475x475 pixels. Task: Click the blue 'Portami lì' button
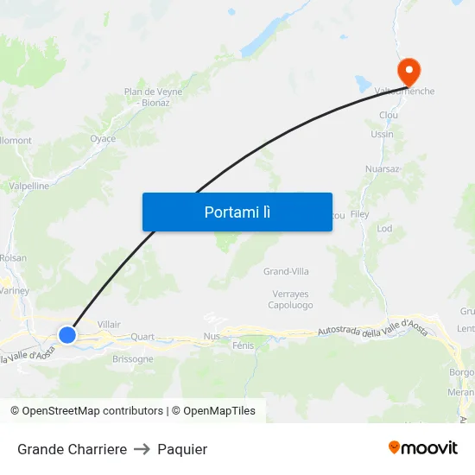pyautogui.click(x=237, y=212)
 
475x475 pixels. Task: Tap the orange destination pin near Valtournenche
pyautogui.click(x=407, y=69)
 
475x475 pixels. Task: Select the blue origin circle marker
pyautogui.click(x=67, y=334)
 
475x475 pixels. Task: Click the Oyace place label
pyautogui.click(x=103, y=138)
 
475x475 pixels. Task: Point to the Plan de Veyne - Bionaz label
pyautogui.click(x=152, y=97)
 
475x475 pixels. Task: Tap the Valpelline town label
pyautogui.click(x=28, y=185)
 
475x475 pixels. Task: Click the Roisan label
pyautogui.click(x=13, y=257)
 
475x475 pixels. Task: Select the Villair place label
pyautogui.click(x=110, y=324)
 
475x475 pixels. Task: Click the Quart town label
pyautogui.click(x=142, y=337)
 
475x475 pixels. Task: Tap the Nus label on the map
pyautogui.click(x=212, y=336)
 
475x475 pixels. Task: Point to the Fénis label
pyautogui.click(x=243, y=345)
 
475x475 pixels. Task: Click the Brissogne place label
pyautogui.click(x=133, y=358)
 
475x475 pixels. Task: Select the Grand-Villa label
pyautogui.click(x=286, y=271)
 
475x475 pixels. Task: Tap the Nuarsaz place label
pyautogui.click(x=382, y=169)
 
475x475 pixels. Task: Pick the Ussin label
pyautogui.click(x=382, y=134)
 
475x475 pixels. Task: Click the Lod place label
pyautogui.click(x=384, y=229)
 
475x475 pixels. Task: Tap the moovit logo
pyautogui.click(x=422, y=448)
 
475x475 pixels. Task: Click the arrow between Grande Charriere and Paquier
pyautogui.click(x=142, y=449)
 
